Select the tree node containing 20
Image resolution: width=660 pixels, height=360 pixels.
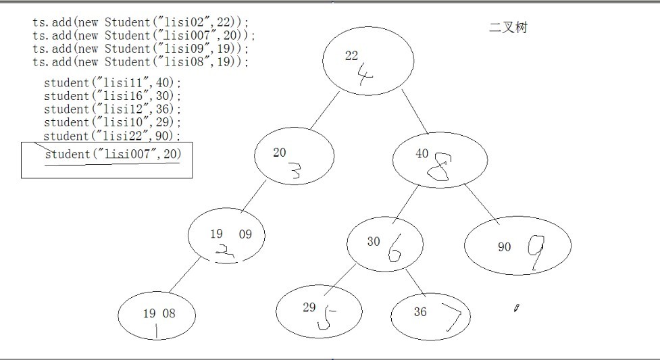[294, 157]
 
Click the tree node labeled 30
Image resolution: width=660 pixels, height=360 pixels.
[385, 245]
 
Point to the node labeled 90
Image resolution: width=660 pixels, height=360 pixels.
[517, 247]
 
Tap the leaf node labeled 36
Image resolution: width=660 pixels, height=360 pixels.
[430, 316]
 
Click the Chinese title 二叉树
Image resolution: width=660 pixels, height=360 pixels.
[508, 28]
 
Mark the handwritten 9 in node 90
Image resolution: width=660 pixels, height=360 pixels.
[536, 252]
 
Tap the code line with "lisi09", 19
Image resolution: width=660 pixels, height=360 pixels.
[141, 49]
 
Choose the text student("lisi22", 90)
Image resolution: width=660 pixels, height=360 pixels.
[113, 136]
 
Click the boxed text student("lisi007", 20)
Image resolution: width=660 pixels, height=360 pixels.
[113, 154]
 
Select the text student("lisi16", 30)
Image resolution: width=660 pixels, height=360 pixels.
[113, 96]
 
